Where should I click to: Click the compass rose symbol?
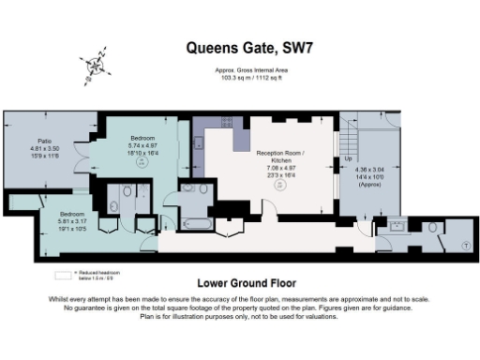pos(95,67)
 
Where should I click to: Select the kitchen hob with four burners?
pos(200,143)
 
